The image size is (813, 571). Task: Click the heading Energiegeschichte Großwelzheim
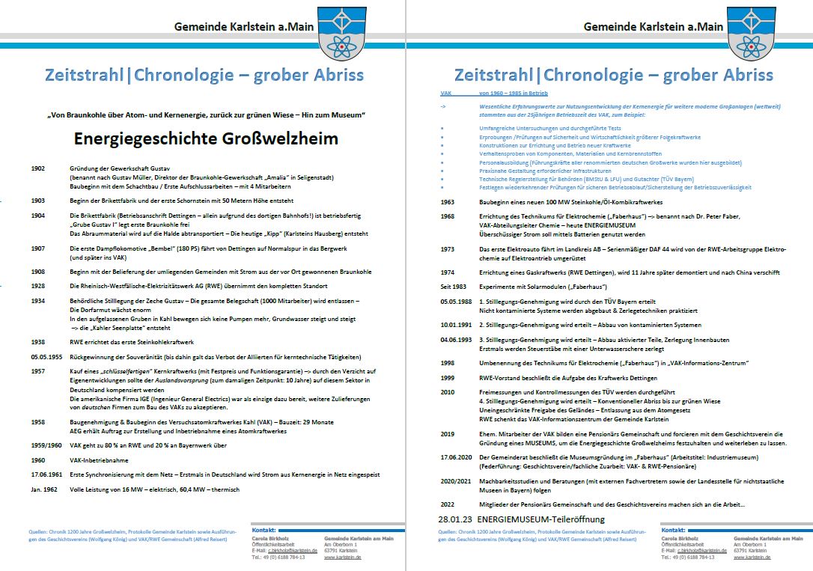206,138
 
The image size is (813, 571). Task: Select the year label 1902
38,168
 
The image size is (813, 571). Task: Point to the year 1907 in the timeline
38,248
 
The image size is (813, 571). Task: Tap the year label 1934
38,301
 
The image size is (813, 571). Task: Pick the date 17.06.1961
46,474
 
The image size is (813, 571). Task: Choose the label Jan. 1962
45,489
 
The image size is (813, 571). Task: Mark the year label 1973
448,248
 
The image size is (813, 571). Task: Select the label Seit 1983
452,287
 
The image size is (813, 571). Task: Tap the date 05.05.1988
456,302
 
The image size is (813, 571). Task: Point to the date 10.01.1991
456,325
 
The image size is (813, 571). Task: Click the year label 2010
448,391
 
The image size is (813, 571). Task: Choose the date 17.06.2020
456,457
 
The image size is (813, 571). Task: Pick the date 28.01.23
455,519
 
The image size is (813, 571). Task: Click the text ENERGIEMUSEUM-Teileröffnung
542,519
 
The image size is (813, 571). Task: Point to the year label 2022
448,504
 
